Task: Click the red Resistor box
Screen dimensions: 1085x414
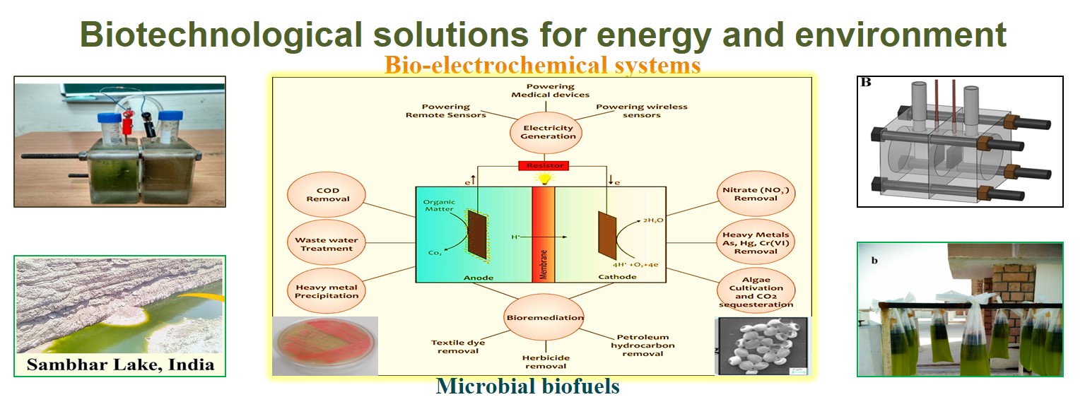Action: coord(544,165)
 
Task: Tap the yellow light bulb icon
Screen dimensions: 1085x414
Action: coord(544,179)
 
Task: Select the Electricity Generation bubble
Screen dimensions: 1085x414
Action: coord(546,132)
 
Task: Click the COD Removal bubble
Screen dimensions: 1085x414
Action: coord(327,195)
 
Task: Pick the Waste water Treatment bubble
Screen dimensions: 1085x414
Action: coord(327,244)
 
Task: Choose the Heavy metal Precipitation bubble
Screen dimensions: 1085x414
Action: coord(327,291)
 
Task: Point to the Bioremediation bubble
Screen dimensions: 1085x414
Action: coord(544,317)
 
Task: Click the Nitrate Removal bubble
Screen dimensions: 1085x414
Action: coord(756,194)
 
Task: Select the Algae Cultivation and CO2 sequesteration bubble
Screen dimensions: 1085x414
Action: coord(756,292)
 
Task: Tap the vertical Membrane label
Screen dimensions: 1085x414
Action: coord(544,264)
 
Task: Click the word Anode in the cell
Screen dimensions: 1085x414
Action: coord(479,278)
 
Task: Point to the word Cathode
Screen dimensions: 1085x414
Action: coord(617,277)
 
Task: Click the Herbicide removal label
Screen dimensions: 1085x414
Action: coord(546,362)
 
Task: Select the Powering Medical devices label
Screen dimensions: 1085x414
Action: coord(550,90)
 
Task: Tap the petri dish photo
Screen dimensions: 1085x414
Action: coord(324,345)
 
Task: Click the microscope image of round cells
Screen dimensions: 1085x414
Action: coord(763,345)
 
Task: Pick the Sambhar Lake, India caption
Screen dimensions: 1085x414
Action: coord(120,364)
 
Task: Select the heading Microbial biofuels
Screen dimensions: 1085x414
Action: coord(527,386)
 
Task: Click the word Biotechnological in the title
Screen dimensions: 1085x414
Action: coord(221,35)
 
